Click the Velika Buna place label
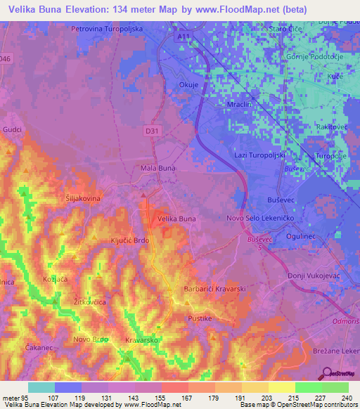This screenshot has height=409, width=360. pos(176,219)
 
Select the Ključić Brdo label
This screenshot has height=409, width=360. pos(130,240)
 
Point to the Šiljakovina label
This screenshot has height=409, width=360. pos(84,199)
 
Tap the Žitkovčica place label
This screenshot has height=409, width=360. pos(89,301)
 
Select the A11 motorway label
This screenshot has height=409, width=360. pos(184,35)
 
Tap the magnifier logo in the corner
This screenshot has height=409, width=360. pos(326,373)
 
